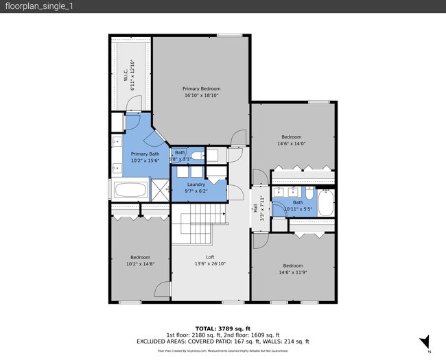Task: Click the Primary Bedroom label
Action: coord(202,88)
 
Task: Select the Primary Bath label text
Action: coord(145,154)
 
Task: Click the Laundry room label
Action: coord(196,184)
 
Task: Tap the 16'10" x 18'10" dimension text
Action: coord(202,96)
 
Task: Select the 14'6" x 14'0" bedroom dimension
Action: coord(292,143)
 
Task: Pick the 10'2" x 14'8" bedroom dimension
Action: coord(140,265)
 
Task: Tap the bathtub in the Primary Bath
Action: coord(130,190)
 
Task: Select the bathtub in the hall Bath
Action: coord(327,203)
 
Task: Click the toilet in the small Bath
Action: coord(196,157)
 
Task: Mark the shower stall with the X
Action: coord(159,190)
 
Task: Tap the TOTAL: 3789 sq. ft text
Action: coord(223,328)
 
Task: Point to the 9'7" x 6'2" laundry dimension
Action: coord(196,191)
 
